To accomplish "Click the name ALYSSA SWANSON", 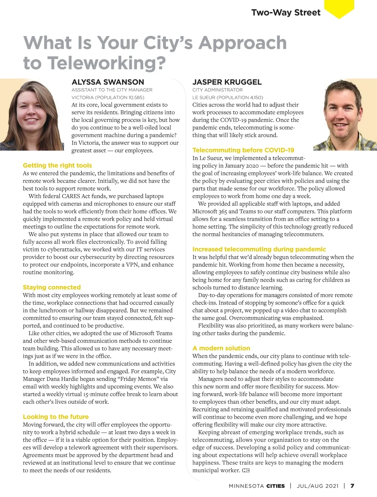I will [108, 82].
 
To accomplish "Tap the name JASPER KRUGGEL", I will [227, 82].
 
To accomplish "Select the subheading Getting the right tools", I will [57, 165].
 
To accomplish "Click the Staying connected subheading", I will [52, 287].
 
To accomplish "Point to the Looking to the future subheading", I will [56, 417].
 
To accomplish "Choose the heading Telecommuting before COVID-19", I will [243, 150].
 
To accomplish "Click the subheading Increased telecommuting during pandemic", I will [259, 249].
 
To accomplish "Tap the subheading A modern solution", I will [221, 348].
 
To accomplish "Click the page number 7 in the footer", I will [352, 486].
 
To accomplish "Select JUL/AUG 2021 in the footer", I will [318, 486].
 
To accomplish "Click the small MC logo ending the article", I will [246, 471].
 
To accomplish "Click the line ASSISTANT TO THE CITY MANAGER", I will [112, 90].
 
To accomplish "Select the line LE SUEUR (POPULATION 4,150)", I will [228, 98].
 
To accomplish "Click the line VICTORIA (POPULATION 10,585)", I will [108, 98].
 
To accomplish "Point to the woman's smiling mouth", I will [31, 120].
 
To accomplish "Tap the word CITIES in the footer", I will [276, 486].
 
